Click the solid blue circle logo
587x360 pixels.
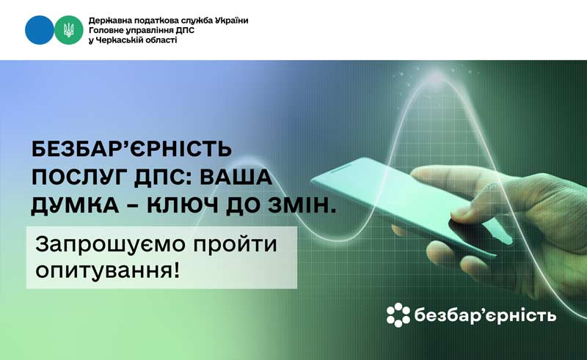tap(40, 30)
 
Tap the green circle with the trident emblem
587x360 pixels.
tap(69, 30)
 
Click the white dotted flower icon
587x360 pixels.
tap(398, 315)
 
